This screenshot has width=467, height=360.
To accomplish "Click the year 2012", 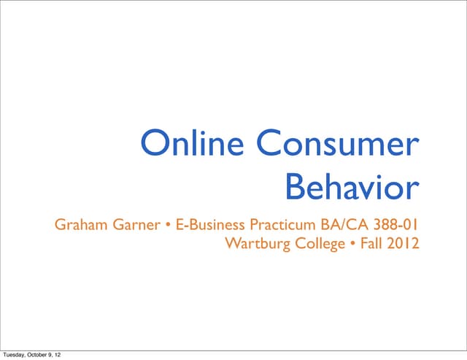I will point(404,243).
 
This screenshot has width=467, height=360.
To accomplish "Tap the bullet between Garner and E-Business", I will point(168,225).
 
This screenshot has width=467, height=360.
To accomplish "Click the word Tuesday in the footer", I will point(15,355).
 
